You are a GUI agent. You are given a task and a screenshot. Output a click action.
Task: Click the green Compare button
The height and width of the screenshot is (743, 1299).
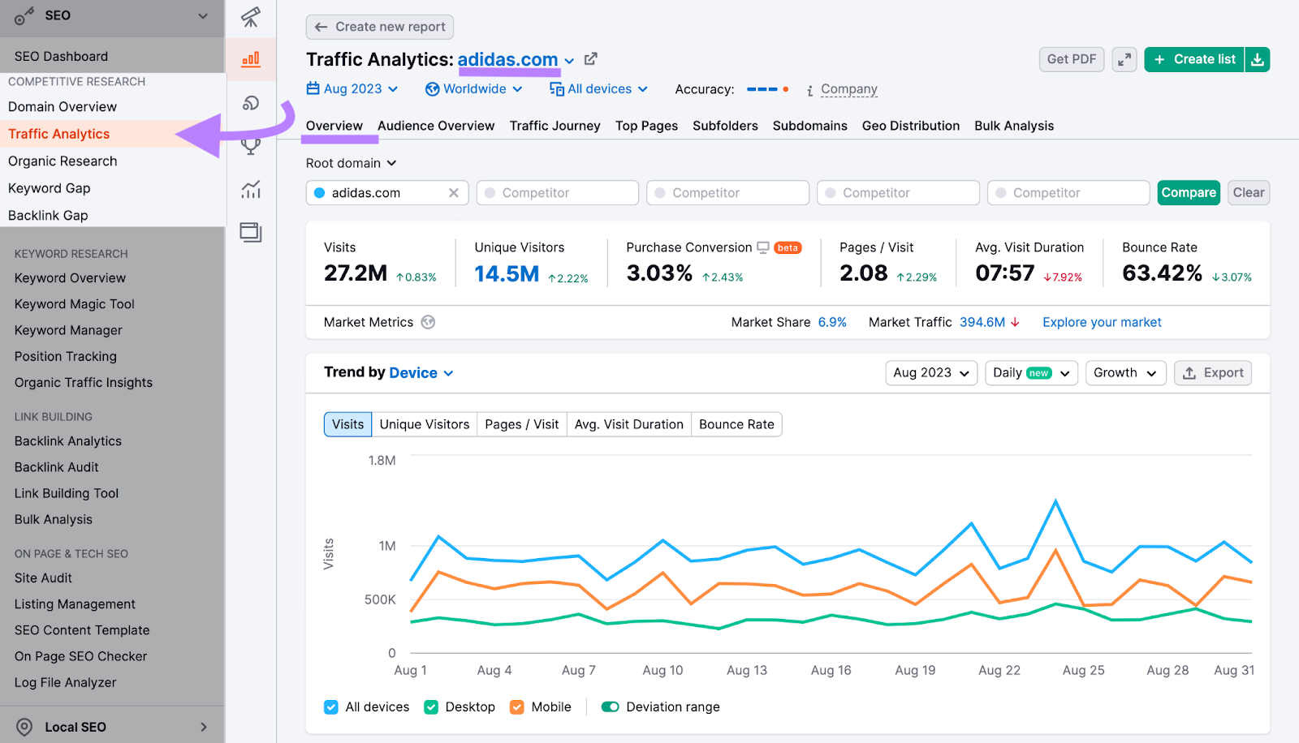point(1188,192)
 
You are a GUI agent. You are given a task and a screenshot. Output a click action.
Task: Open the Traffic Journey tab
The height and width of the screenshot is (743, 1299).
point(555,126)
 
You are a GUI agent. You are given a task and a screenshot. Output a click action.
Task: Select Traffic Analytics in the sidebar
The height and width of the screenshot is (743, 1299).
point(58,134)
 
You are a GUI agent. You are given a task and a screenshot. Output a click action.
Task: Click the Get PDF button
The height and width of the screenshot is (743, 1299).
point(1071,59)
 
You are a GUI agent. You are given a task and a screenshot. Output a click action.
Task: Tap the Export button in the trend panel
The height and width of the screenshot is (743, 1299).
point(1213,372)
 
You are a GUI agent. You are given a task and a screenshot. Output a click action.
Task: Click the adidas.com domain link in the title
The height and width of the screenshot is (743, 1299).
point(507,59)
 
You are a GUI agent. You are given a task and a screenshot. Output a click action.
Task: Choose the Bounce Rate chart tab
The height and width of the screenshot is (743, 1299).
point(736,424)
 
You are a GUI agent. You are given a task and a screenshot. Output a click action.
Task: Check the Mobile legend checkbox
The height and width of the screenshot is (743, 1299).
point(517,707)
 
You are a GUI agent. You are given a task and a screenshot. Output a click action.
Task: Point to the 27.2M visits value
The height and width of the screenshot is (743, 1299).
point(356,273)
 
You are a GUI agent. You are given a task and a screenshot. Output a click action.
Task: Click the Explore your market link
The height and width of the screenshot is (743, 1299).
point(1102,322)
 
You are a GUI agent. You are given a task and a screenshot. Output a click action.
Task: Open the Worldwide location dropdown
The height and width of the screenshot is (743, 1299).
point(474,89)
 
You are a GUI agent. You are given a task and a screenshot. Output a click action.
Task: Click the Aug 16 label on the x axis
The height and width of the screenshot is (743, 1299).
point(831,670)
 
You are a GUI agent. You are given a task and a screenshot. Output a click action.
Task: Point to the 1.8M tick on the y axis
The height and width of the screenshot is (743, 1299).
point(382,460)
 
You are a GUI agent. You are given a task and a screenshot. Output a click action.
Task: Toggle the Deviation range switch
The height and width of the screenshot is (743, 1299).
point(611,707)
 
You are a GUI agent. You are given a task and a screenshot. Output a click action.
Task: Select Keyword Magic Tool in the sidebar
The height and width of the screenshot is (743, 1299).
point(75,304)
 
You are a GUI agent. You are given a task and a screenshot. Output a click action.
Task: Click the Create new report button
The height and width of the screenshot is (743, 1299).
point(380,27)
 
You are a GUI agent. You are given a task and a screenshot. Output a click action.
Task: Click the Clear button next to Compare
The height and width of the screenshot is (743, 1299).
point(1248,192)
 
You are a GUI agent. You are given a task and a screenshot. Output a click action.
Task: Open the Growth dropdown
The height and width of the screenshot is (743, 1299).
point(1125,372)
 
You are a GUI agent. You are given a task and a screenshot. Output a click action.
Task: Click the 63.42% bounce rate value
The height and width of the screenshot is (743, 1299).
point(1162,273)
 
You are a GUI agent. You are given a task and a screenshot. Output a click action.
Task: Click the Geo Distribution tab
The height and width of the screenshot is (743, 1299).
point(910,126)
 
